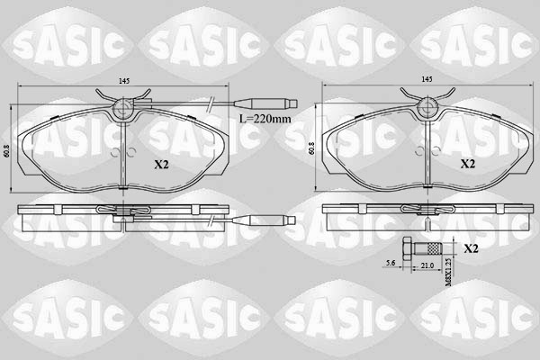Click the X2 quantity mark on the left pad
coord(161,165)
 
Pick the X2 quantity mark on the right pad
coord(467,165)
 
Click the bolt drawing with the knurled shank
coord(423,248)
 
